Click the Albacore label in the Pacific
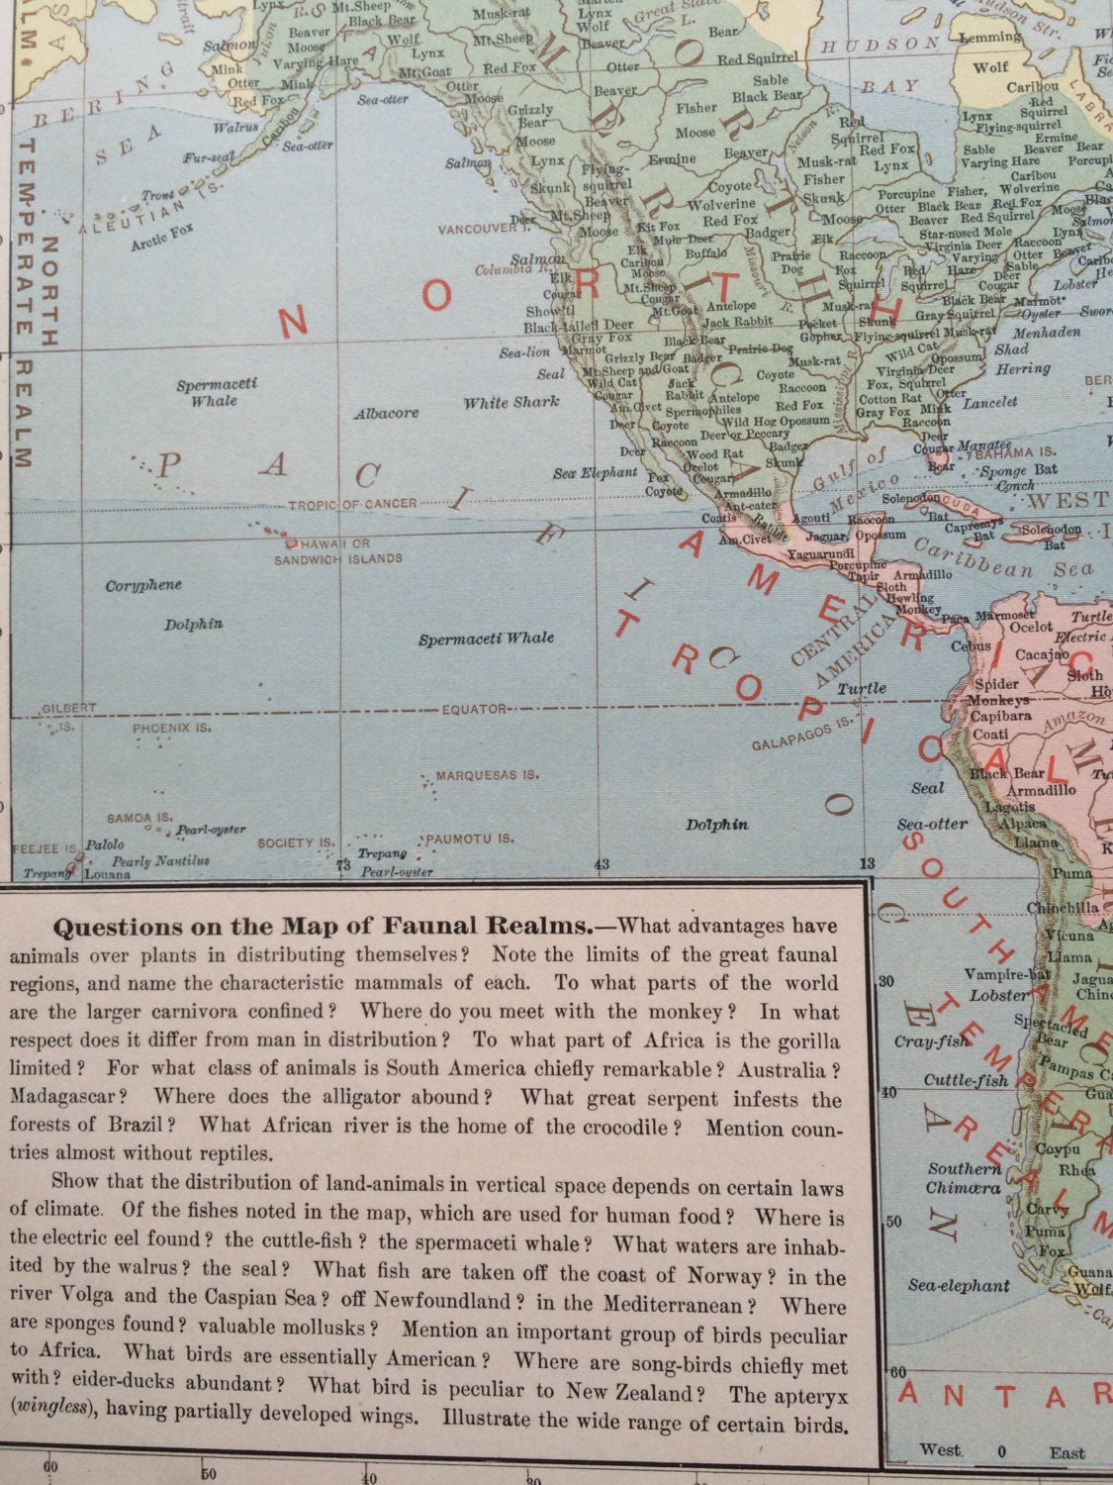pos(386,413)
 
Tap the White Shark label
pos(511,402)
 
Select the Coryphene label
pos(143,585)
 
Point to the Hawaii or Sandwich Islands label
pos(338,551)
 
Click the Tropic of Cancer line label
pos(352,504)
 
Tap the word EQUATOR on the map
pos(474,709)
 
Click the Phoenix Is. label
pos(172,727)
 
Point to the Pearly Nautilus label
pos(160,861)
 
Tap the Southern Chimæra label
pos(964,1178)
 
